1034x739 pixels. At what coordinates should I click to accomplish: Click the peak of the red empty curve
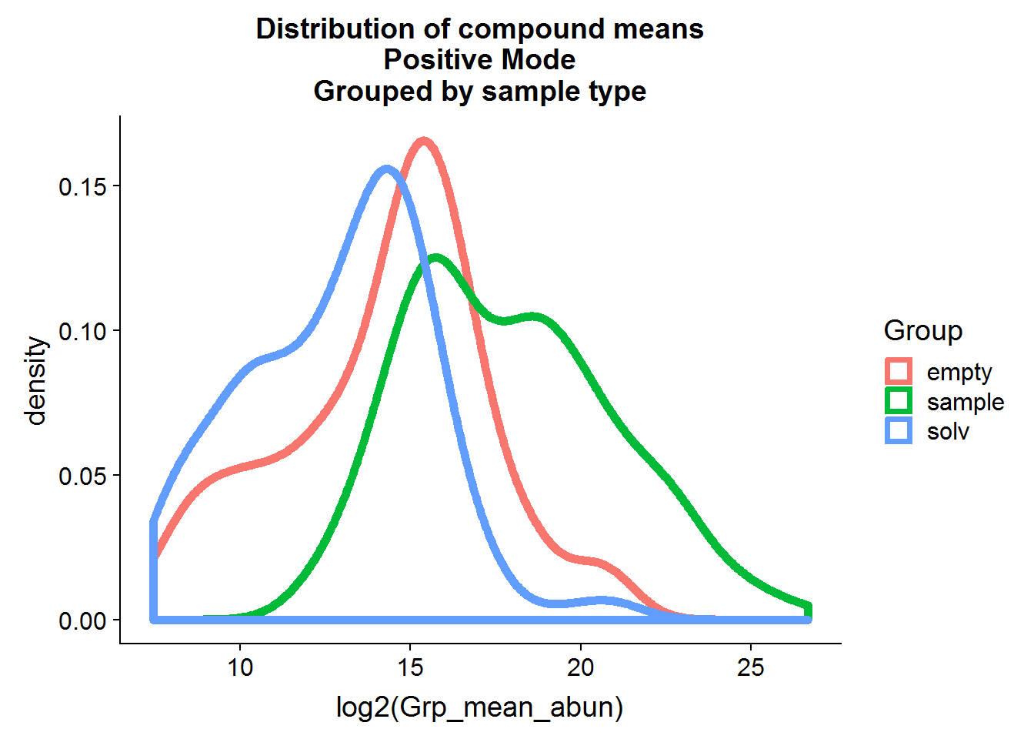coord(423,140)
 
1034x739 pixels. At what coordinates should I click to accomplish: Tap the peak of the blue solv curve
coord(386,169)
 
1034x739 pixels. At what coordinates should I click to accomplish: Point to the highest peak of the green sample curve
coord(436,258)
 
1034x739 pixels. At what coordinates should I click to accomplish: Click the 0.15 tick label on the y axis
coord(83,186)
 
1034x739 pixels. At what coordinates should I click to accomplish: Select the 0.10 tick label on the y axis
coord(83,331)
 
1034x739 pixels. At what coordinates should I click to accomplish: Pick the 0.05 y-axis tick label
coord(83,476)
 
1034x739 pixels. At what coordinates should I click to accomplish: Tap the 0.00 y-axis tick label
coord(83,620)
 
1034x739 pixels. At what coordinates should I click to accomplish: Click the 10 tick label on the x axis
coord(240,667)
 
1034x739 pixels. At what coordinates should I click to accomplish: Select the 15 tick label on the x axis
coord(410,667)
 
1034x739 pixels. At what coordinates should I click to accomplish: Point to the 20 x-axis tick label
coord(581,667)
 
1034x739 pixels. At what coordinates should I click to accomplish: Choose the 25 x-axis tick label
coord(751,667)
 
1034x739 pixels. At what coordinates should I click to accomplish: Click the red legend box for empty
coord(899,371)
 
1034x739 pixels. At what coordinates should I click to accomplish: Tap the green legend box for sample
coord(899,401)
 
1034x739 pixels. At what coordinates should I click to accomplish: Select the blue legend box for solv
coord(899,430)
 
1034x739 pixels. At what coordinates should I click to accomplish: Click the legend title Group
coord(923,330)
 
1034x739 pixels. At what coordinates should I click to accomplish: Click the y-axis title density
coord(36,380)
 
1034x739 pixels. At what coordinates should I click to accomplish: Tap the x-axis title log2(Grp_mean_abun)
coord(479,707)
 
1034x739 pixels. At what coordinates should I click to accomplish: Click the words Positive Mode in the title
coord(479,60)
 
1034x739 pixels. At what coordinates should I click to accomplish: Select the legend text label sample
coord(966,402)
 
